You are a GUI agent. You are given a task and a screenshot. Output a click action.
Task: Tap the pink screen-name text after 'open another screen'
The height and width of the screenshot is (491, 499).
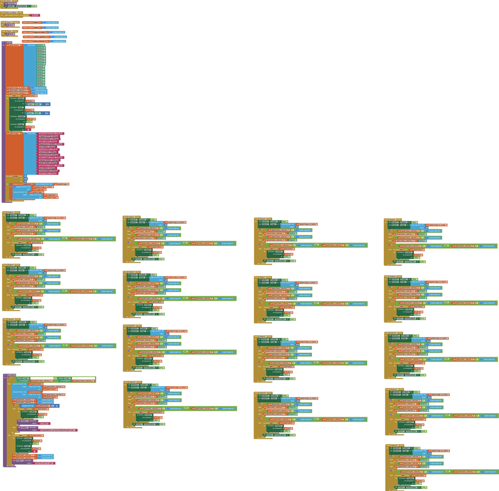(x=35, y=15)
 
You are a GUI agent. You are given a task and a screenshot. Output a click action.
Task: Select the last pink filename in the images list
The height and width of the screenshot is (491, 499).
(x=47, y=173)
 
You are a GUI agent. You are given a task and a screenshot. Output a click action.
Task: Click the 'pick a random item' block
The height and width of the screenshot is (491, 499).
(x=43, y=184)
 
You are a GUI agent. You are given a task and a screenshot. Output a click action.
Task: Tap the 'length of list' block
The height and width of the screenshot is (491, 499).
(x=27, y=406)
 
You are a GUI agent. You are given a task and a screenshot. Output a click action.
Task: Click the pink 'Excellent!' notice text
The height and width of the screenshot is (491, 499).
(x=44, y=423)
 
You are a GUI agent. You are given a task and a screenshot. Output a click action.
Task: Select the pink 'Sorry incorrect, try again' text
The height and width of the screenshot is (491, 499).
(x=44, y=463)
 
